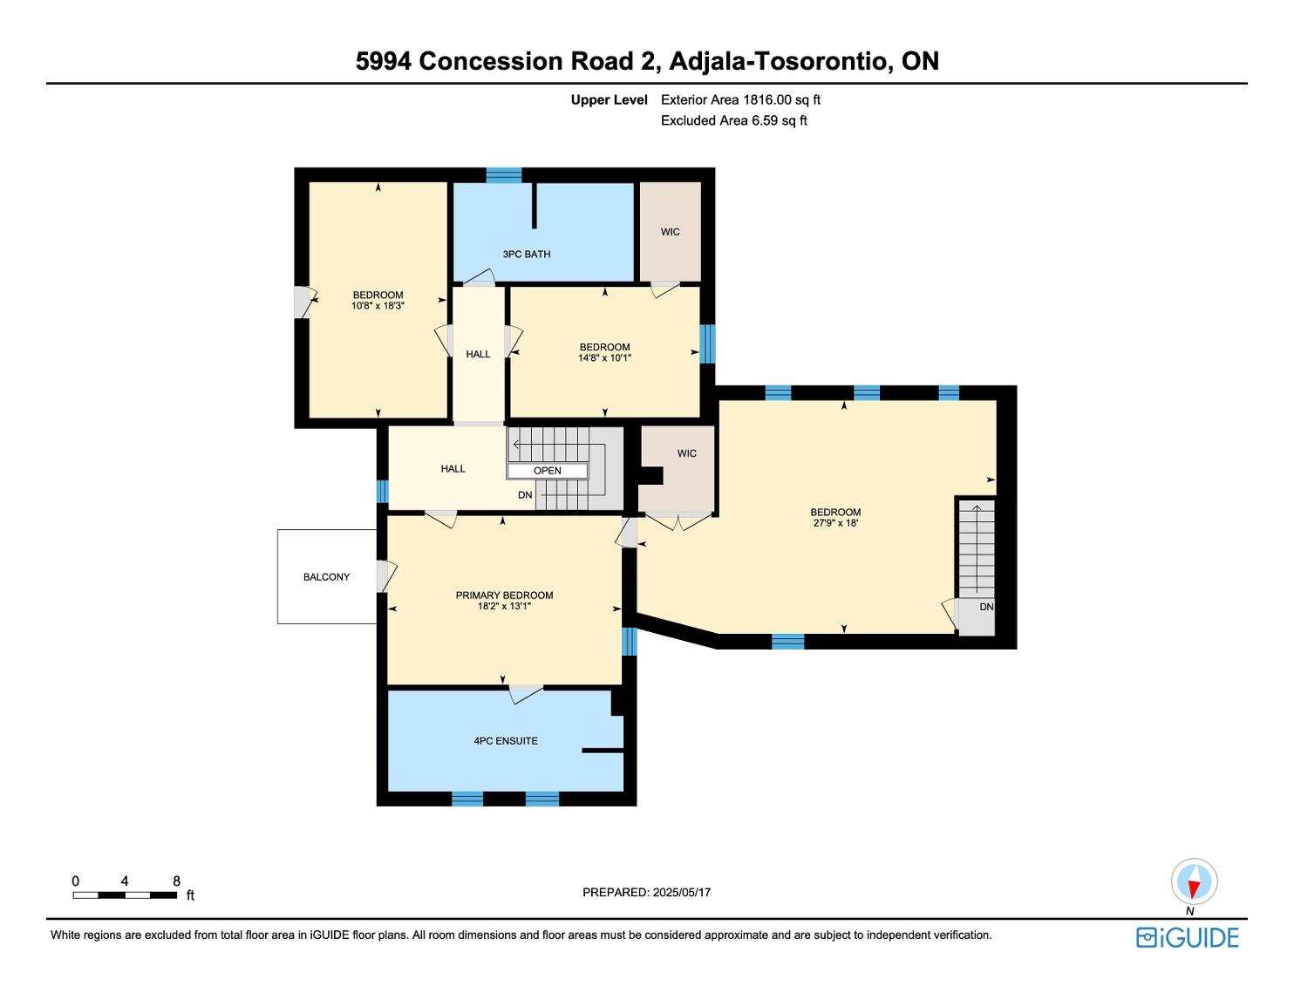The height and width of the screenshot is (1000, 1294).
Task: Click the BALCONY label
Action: pyautogui.click(x=326, y=577)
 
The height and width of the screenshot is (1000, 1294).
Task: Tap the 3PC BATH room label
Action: pyautogui.click(x=527, y=255)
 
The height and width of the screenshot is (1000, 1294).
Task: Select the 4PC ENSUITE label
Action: pyautogui.click(x=506, y=741)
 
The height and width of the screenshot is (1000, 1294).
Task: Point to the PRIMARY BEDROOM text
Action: pyautogui.click(x=504, y=595)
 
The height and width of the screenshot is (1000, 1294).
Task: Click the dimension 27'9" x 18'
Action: pyautogui.click(x=835, y=523)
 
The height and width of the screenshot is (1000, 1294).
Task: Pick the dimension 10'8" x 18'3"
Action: pyautogui.click(x=378, y=306)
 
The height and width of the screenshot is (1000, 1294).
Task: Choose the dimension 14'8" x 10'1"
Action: pyautogui.click(x=604, y=357)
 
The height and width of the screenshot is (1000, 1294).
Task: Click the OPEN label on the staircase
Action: pyautogui.click(x=548, y=471)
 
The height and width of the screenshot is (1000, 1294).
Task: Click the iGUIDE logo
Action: pyautogui.click(x=1187, y=938)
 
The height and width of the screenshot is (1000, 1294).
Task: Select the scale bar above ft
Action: pyautogui.click(x=125, y=895)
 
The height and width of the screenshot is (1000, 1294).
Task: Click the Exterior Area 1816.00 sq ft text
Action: pyautogui.click(x=740, y=100)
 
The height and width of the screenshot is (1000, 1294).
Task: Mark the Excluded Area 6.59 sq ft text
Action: pyautogui.click(x=733, y=121)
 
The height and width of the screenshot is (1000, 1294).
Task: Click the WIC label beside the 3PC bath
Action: pyautogui.click(x=670, y=232)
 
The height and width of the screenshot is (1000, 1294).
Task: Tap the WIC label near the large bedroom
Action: pyautogui.click(x=686, y=453)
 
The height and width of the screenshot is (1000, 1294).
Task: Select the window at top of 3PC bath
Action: pyautogui.click(x=504, y=175)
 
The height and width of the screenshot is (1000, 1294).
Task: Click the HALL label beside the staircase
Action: pyautogui.click(x=453, y=469)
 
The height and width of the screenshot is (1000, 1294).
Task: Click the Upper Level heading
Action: pyautogui.click(x=609, y=100)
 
